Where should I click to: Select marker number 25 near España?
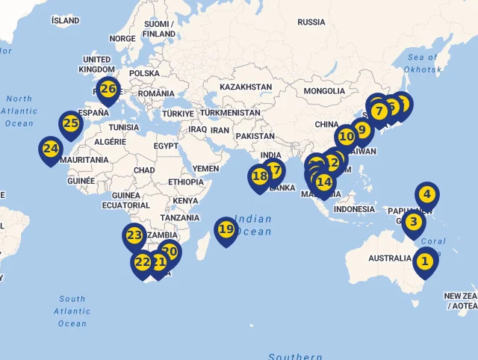(71, 124)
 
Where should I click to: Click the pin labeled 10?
(346, 137)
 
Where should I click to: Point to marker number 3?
(414, 223)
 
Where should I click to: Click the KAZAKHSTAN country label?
(246, 87)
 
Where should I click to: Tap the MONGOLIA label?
(324, 91)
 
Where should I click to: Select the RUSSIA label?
(311, 22)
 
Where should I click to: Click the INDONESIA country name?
(354, 209)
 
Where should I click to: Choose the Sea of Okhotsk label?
(423, 63)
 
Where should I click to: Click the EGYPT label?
(166, 146)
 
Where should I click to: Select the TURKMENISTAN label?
(230, 113)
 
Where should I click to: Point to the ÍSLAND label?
(66, 20)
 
